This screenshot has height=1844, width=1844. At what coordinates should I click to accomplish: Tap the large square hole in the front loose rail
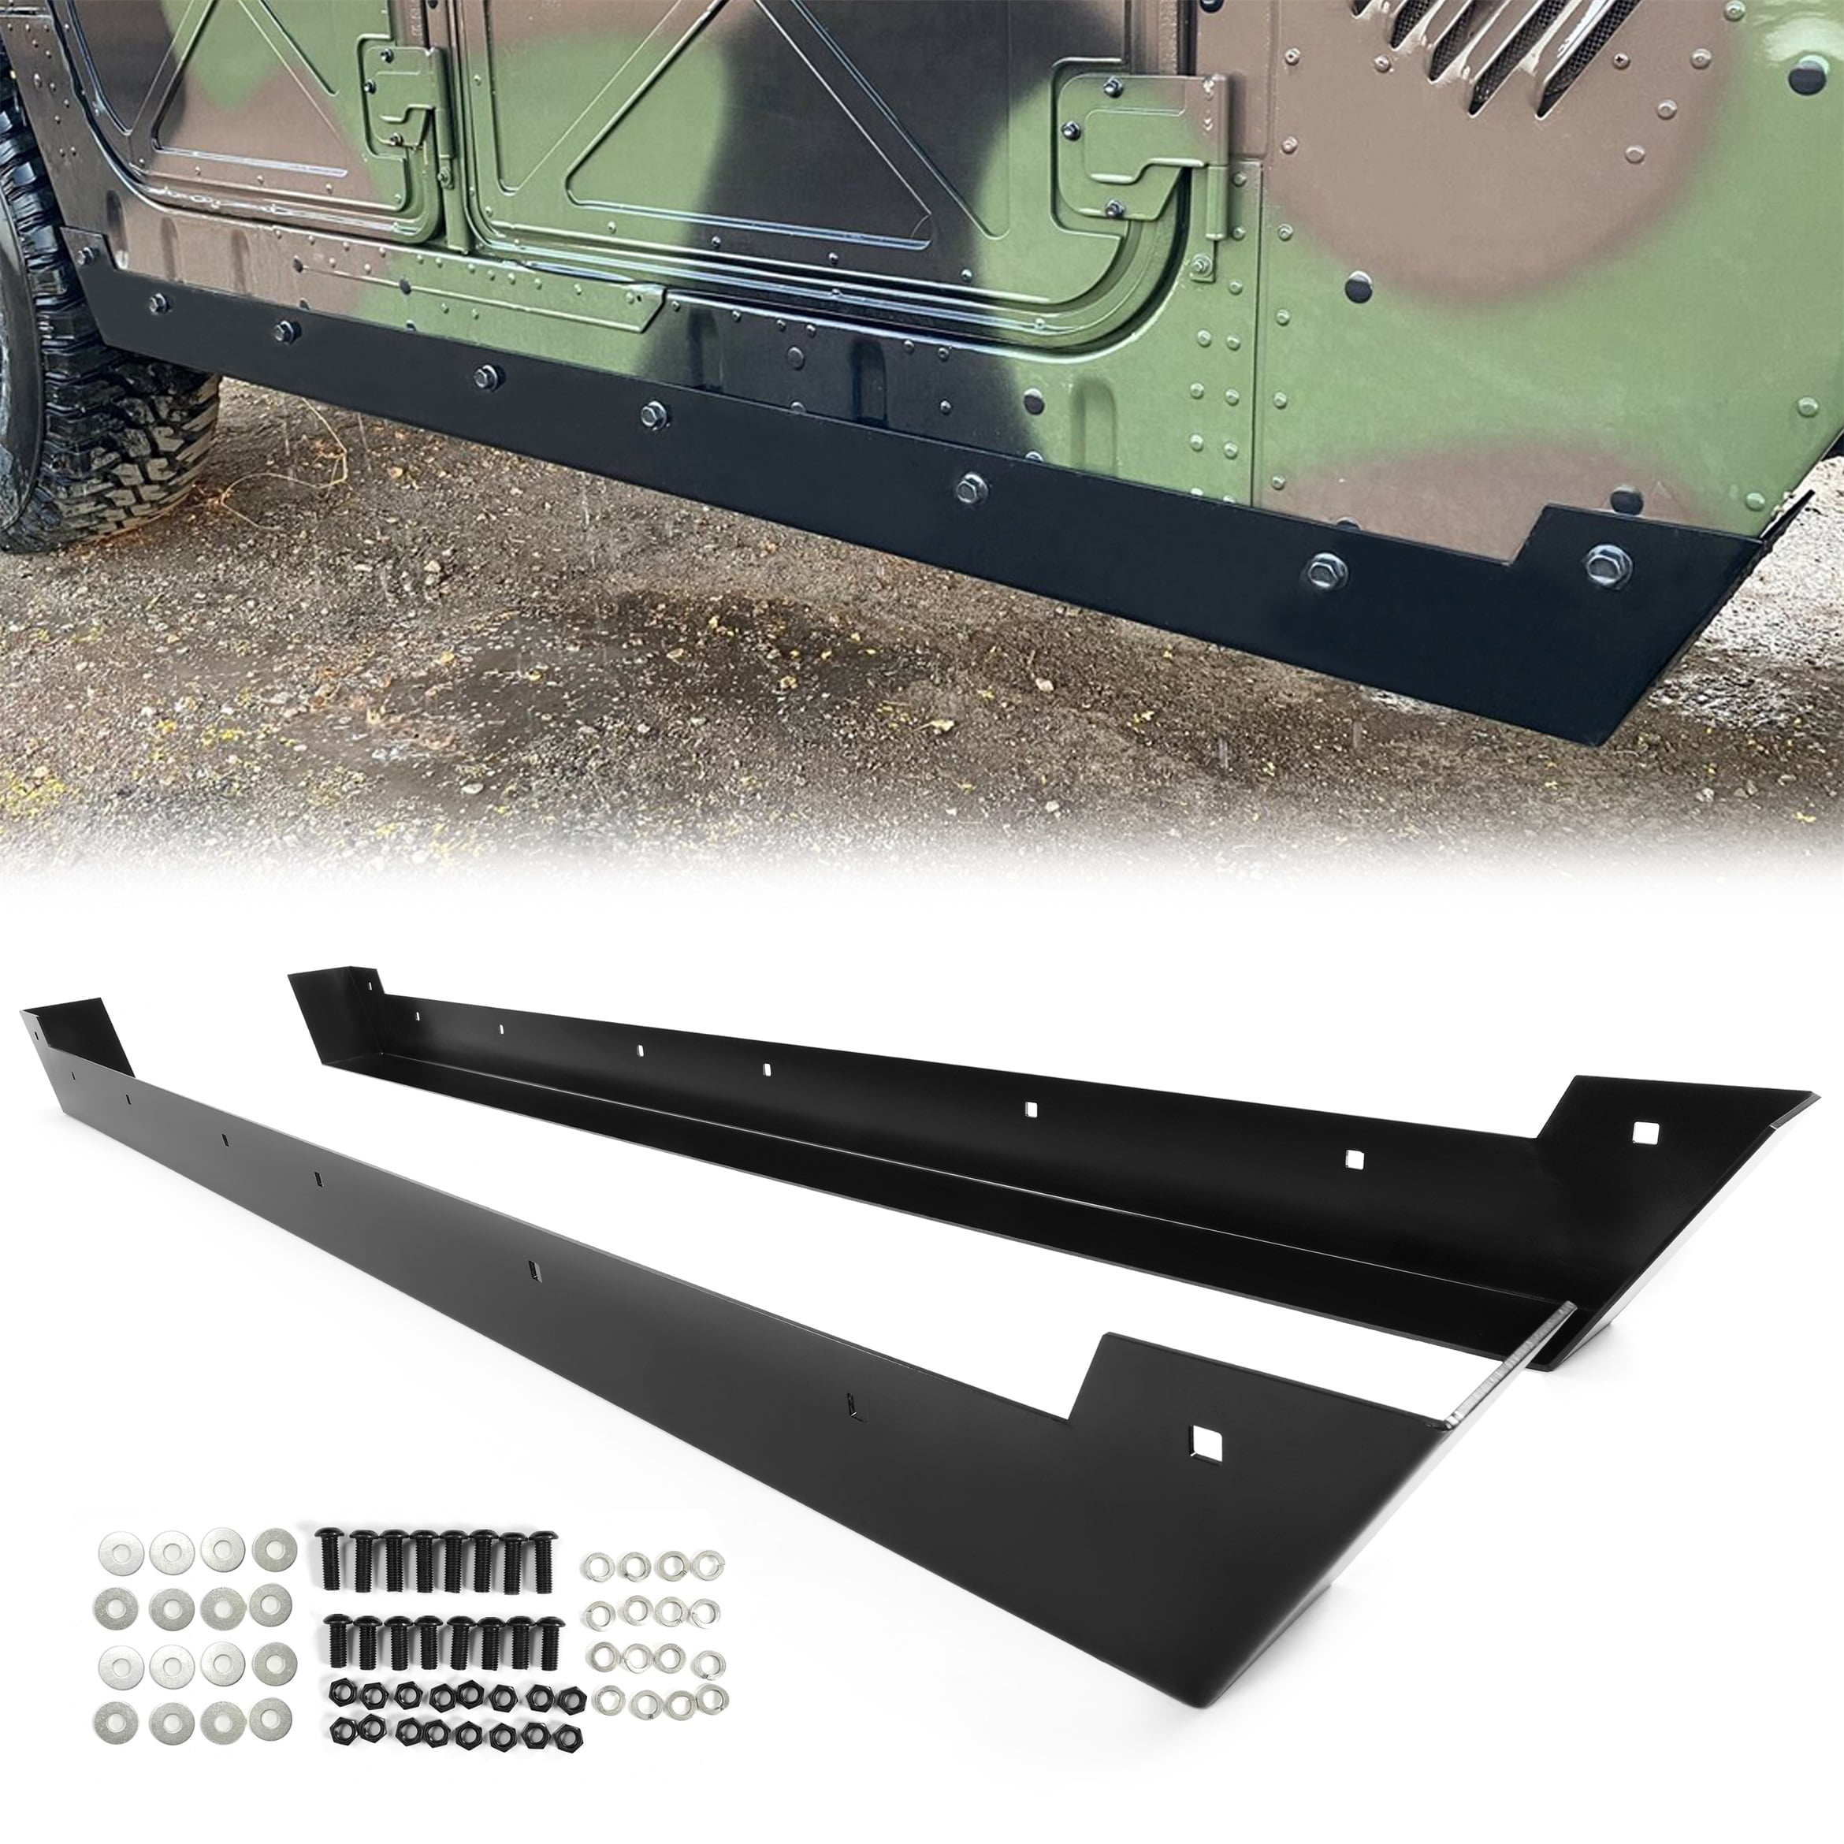1206,1469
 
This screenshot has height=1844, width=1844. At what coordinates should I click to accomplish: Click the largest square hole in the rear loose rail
1645,1132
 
